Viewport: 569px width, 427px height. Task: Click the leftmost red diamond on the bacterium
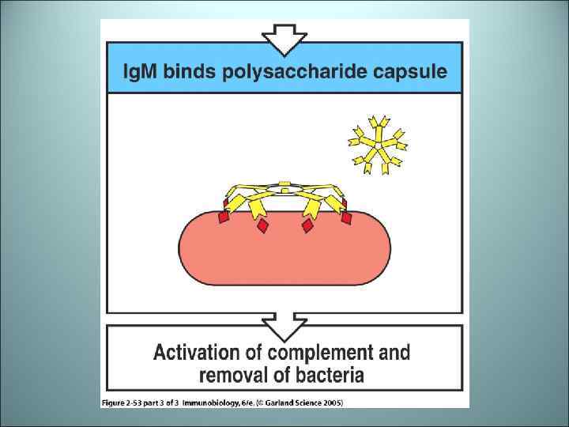(224, 214)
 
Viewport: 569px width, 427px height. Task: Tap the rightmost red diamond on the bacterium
(345, 216)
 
